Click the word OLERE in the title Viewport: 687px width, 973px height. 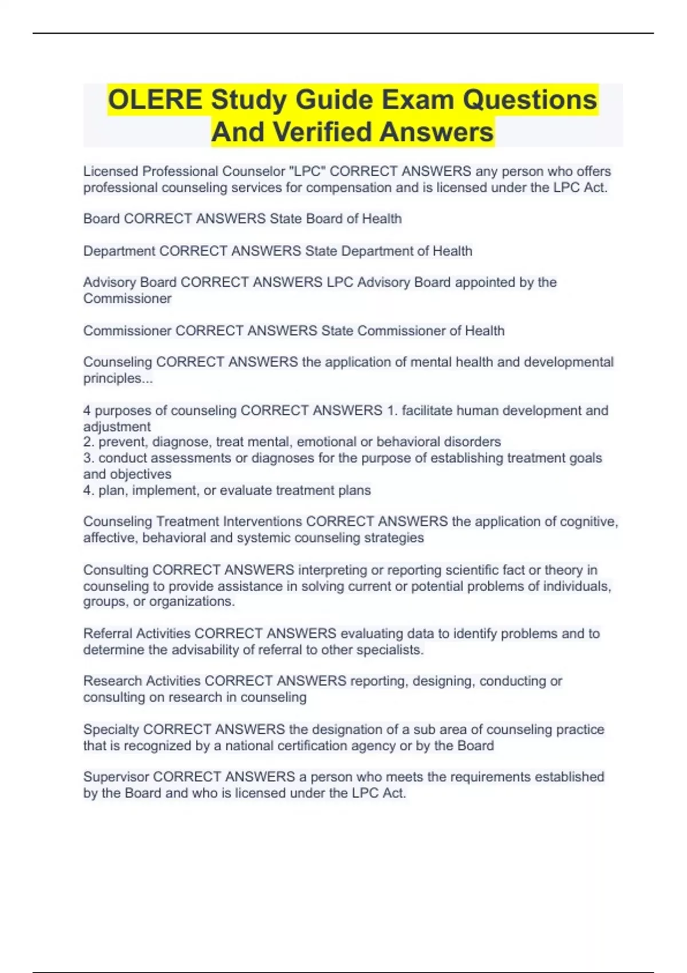pyautogui.click(x=155, y=100)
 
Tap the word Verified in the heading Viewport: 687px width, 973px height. pyautogui.click(x=320, y=132)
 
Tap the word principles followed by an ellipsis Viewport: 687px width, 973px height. pyautogui.click(x=118, y=378)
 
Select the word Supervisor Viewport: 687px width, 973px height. pyautogui.click(x=116, y=777)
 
